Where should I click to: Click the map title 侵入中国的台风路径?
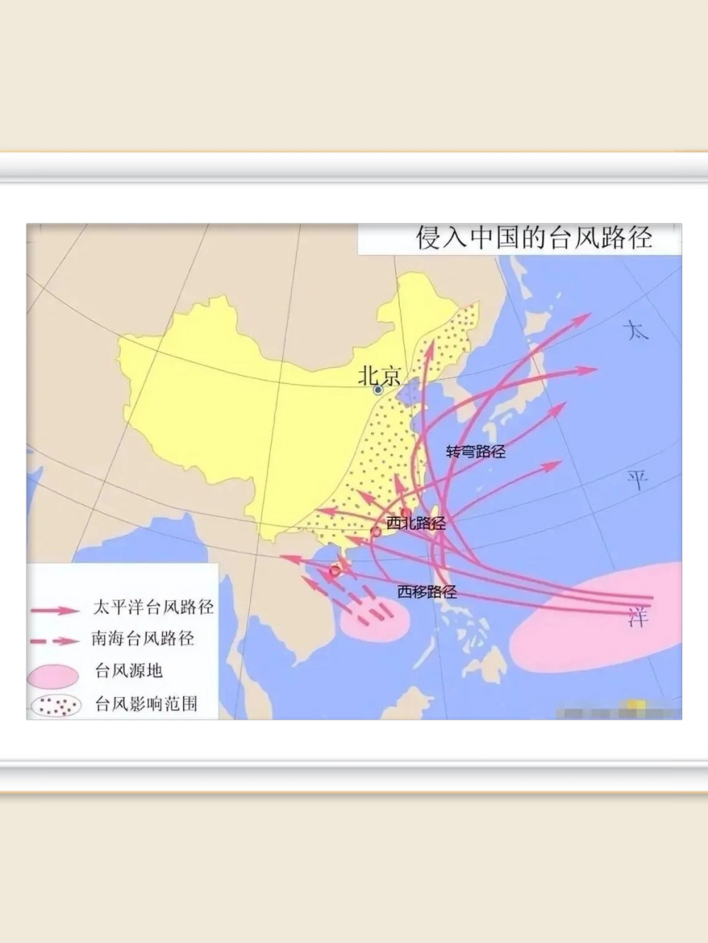tap(534, 238)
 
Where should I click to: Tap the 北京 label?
tap(379, 376)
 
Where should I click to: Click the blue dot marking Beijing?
tap(378, 390)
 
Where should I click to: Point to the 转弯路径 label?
tap(476, 452)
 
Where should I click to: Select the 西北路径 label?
tap(417, 523)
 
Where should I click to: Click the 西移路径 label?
tap(427, 591)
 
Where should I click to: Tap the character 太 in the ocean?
tap(636, 329)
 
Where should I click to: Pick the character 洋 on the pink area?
tap(638, 617)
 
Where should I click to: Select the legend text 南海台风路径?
tap(143, 638)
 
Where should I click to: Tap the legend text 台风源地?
tap(128, 670)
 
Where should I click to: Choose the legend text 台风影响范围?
tap(146, 704)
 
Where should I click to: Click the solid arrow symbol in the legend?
tap(55, 610)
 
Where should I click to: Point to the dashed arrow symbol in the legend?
tap(55, 641)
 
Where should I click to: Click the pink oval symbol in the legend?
tap(54, 674)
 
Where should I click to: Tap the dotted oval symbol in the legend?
tap(55, 706)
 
